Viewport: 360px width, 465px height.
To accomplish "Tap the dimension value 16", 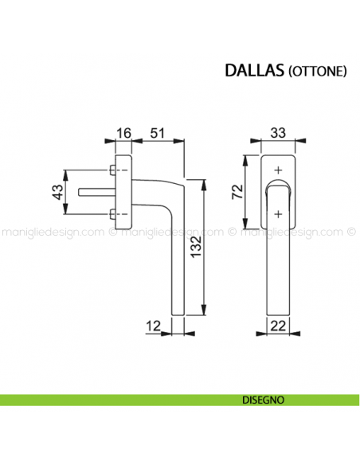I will tap(123, 132).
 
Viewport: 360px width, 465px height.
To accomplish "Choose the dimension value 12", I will tap(155, 325).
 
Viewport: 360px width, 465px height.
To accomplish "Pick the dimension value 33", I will tap(277, 132).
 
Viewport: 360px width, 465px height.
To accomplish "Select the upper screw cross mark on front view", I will tap(277, 170).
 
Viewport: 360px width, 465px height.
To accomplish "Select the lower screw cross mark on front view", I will tap(277, 213).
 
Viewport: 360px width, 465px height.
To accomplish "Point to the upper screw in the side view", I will tap(111, 170).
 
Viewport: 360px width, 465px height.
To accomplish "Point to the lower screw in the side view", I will tap(111, 213).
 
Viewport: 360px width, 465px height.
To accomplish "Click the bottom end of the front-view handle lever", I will tap(277, 312).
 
